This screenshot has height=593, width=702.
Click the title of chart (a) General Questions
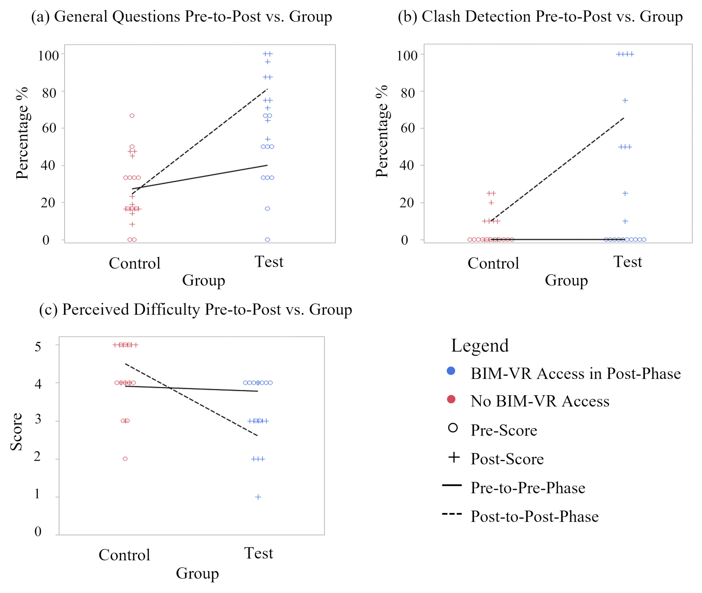(181, 16)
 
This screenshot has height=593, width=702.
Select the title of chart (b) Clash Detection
(540, 16)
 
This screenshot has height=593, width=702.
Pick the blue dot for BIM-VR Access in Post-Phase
(451, 371)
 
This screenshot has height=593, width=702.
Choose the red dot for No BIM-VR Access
(451, 399)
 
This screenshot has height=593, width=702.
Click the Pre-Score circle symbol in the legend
(453, 428)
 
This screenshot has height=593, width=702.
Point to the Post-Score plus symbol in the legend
(454, 457)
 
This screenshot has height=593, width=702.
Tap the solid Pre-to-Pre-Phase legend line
(452, 485)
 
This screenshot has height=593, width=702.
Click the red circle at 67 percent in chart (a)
(132, 116)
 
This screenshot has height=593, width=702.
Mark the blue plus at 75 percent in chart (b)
(625, 100)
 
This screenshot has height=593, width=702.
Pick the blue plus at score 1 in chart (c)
(258, 497)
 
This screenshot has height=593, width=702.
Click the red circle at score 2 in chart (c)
(125, 459)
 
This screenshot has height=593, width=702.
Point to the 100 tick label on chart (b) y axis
(407, 55)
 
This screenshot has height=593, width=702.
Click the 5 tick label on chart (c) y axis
(38, 346)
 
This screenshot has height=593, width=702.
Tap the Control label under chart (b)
(493, 263)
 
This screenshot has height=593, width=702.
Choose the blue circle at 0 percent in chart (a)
(267, 240)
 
